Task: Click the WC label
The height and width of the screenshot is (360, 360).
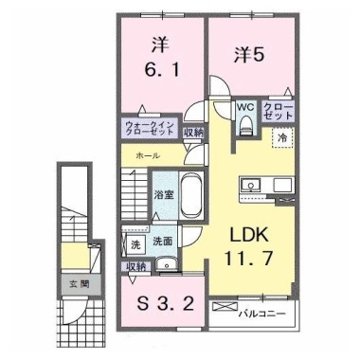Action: click(x=245, y=107)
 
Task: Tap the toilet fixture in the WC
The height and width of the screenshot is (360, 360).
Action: click(x=246, y=125)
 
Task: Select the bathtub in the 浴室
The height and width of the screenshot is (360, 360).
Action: click(x=191, y=195)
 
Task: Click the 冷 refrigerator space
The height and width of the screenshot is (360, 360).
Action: click(x=283, y=137)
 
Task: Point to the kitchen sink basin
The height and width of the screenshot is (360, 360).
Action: click(x=250, y=185)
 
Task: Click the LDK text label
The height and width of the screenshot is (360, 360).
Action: click(x=249, y=235)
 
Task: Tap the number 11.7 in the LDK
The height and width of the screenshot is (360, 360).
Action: click(x=248, y=259)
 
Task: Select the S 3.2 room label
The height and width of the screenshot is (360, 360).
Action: click(x=165, y=305)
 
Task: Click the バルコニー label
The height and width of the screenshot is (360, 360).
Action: click(x=262, y=315)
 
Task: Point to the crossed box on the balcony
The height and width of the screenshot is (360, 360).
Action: click(x=225, y=306)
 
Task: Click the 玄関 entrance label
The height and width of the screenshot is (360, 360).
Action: click(x=80, y=284)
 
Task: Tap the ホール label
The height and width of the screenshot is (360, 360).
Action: click(x=148, y=155)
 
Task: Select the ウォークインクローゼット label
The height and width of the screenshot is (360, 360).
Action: click(x=150, y=128)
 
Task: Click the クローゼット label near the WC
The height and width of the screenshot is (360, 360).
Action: click(x=279, y=111)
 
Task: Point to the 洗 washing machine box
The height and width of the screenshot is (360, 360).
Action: click(x=135, y=244)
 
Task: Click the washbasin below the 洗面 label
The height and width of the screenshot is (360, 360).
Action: click(x=167, y=263)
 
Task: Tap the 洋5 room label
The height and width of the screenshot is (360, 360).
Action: click(x=249, y=55)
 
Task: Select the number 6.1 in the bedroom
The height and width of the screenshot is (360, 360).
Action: click(x=162, y=70)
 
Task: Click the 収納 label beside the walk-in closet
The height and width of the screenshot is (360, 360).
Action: click(x=194, y=134)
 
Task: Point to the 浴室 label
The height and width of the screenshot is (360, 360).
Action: click(x=164, y=195)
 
